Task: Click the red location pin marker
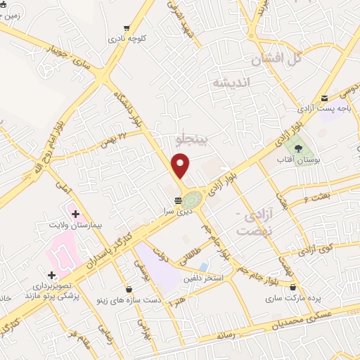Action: pos(181,166)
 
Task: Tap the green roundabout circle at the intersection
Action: pos(191,199)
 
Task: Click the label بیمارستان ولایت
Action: pos(77,226)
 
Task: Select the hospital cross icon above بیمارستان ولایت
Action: pos(75,213)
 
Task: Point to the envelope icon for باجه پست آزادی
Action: pos(325,98)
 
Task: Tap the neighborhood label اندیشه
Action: pos(231,82)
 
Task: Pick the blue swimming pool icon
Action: pos(203,267)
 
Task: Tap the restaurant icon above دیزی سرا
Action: pos(177,200)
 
